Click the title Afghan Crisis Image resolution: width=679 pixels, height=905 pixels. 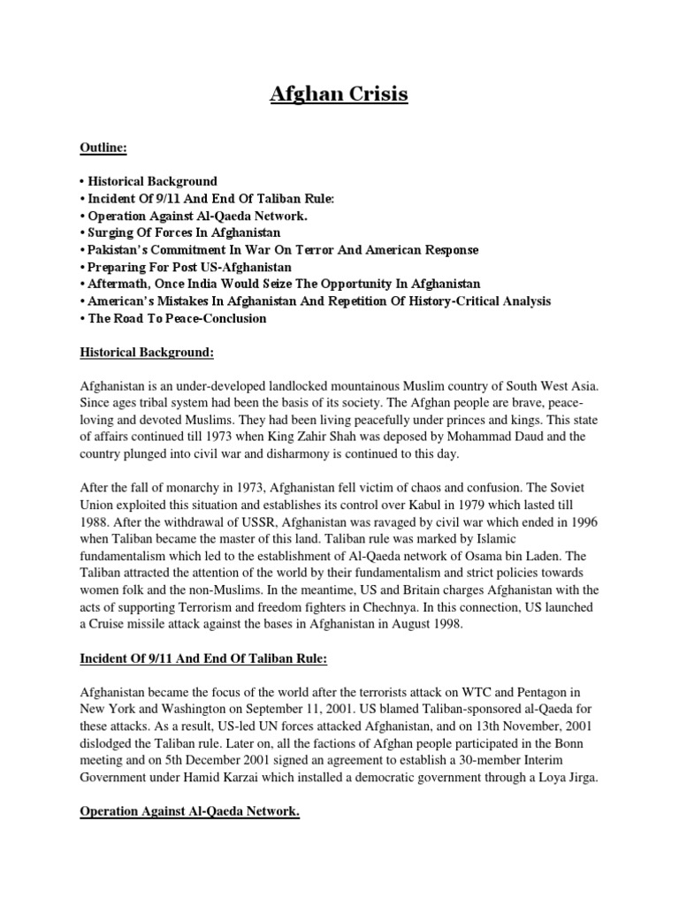tap(339, 94)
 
